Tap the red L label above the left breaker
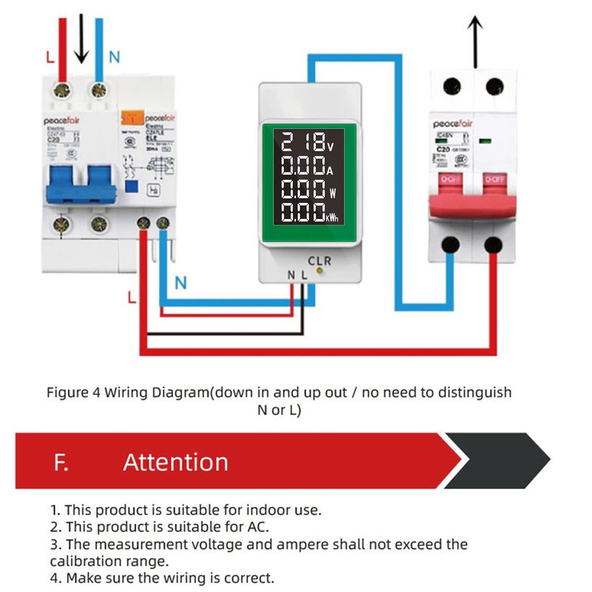[48, 56]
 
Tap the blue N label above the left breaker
[114, 56]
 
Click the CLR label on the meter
[320, 261]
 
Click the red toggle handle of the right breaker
[472, 195]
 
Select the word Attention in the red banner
[175, 462]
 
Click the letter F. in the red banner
[61, 462]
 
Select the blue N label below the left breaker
[181, 282]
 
